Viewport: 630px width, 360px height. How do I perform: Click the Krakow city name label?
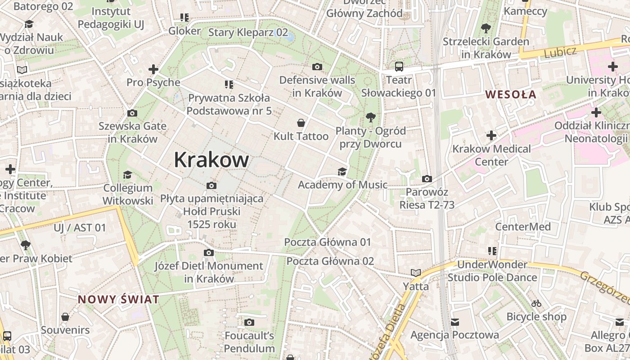211,160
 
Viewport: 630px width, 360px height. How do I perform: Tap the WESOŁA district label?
511,94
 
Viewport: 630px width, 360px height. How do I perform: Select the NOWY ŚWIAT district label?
118,299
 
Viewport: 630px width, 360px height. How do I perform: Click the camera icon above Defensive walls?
317,67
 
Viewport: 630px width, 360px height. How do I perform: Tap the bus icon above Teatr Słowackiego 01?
399,67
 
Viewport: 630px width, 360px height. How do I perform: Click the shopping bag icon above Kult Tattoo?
301,123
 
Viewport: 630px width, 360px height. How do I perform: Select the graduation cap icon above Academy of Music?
342,171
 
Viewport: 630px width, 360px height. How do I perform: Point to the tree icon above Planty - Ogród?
371,118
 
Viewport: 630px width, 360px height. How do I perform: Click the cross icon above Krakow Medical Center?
491,135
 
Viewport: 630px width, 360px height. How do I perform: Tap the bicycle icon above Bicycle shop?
536,303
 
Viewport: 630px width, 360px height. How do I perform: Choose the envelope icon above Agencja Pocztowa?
455,322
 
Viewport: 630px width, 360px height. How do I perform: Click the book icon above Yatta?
416,273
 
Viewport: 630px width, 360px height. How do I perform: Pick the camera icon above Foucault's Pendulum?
249,323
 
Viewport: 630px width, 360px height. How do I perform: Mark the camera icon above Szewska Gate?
132,113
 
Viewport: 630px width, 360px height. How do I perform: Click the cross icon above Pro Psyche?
153,69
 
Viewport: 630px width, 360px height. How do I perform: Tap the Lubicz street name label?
560,52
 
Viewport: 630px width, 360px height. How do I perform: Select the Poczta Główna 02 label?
330,261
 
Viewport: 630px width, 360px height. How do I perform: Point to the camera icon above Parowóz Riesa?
427,179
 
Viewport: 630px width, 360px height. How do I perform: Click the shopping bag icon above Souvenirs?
65,317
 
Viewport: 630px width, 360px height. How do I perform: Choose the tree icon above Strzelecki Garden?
486,29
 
